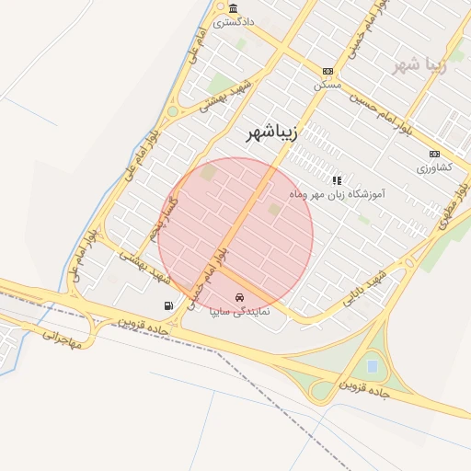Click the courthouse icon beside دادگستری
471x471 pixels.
click(x=221, y=8)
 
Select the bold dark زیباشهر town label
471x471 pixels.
click(x=273, y=134)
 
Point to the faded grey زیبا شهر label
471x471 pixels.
click(x=419, y=65)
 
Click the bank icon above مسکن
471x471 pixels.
click(x=327, y=71)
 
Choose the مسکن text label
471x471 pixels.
click(x=327, y=85)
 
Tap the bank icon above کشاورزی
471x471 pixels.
click(x=434, y=154)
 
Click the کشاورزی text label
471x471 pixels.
click(x=434, y=168)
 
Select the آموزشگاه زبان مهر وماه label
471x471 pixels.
click(x=336, y=194)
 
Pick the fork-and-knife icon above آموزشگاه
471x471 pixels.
click(x=337, y=180)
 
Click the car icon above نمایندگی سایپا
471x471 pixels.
click(x=240, y=298)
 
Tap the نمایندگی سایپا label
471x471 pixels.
click(x=240, y=312)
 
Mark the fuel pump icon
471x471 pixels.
click(x=167, y=305)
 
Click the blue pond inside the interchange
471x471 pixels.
click(x=372, y=366)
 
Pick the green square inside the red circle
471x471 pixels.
click(x=274, y=211)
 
